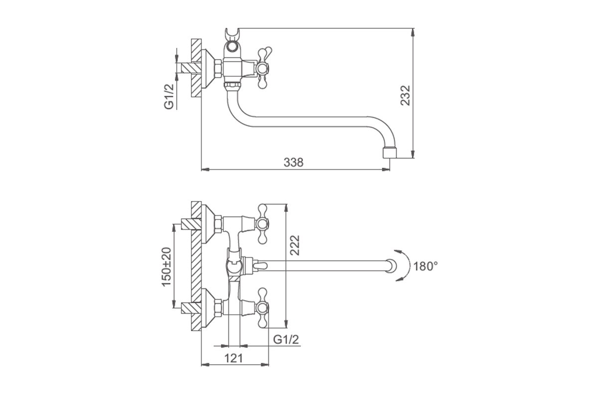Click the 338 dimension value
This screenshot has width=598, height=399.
pyautogui.click(x=294, y=163)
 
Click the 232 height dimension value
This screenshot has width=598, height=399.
pyautogui.click(x=405, y=95)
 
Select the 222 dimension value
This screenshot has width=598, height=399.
pyautogui.click(x=295, y=245)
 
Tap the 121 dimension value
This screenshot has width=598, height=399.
pyautogui.click(x=233, y=359)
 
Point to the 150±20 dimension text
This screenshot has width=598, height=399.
pyautogui.click(x=166, y=267)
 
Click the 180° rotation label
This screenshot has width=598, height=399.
pyautogui.click(x=426, y=266)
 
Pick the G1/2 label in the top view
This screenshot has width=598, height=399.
pyautogui.click(x=169, y=96)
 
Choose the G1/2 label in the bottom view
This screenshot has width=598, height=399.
pyautogui.click(x=286, y=340)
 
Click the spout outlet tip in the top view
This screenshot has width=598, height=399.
pyautogui.click(x=390, y=153)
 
